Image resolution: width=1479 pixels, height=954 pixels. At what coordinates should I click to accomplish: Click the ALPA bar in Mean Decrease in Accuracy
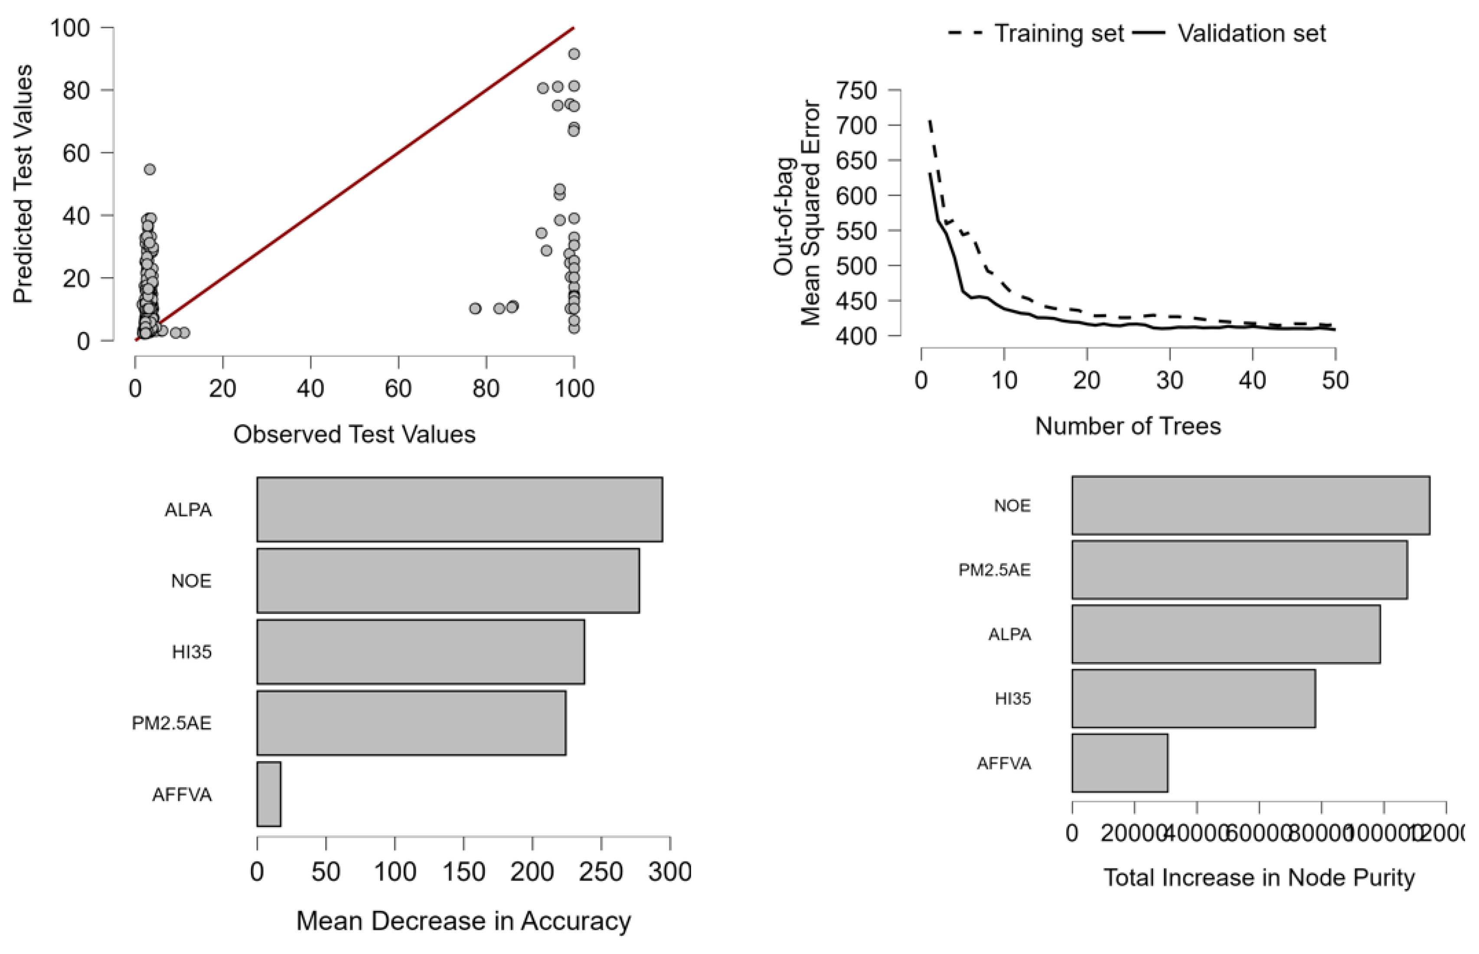point(460,509)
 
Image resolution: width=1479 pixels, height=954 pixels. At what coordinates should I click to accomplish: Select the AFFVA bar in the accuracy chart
point(269,794)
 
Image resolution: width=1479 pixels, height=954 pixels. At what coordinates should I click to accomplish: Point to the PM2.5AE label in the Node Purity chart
point(994,569)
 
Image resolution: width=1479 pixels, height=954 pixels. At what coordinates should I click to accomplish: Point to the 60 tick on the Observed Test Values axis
point(398,389)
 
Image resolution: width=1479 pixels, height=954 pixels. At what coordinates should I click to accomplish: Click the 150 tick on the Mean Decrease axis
point(463,872)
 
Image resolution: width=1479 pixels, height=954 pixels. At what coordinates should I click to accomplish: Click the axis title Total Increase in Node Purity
point(1258,877)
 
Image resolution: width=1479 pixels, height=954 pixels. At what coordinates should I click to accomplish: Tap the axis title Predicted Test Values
point(23,184)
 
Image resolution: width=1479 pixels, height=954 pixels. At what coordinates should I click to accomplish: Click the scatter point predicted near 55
point(149,169)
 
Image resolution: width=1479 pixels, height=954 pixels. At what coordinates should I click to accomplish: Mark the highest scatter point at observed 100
point(574,54)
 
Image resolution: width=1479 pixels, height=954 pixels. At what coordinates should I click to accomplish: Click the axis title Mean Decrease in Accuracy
point(463,921)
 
